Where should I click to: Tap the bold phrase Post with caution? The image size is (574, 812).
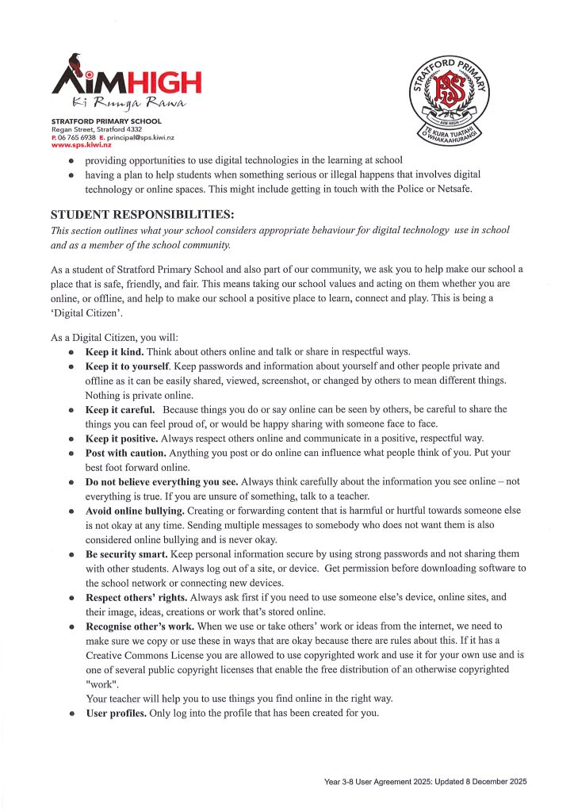tap(125, 453)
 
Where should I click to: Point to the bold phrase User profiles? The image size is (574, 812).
tap(119, 711)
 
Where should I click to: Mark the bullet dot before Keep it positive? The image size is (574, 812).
tap(71, 439)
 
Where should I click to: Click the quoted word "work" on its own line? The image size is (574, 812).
tap(99, 683)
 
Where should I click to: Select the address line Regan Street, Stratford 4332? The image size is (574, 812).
tap(97, 128)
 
